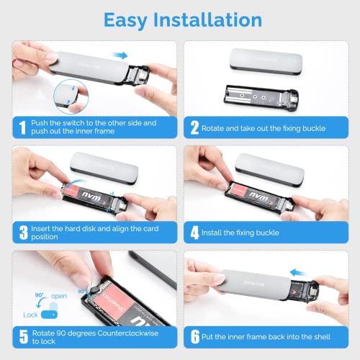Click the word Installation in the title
click(x=207, y=19)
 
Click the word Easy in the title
click(x=125, y=21)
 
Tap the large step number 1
click(x=22, y=127)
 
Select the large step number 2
click(x=194, y=127)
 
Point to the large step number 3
click(x=24, y=233)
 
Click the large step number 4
click(x=194, y=233)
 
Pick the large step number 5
click(x=24, y=337)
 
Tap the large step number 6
click(x=195, y=337)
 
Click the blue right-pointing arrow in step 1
click(x=120, y=55)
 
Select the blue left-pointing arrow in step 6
click(x=297, y=273)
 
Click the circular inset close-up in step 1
click(x=71, y=96)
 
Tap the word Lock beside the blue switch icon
click(x=30, y=315)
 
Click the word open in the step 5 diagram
click(x=59, y=297)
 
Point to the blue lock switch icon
click(x=49, y=315)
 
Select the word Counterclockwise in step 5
click(x=128, y=333)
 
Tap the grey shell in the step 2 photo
click(x=266, y=61)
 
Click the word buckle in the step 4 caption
click(x=267, y=233)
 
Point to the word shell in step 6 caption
click(x=322, y=337)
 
